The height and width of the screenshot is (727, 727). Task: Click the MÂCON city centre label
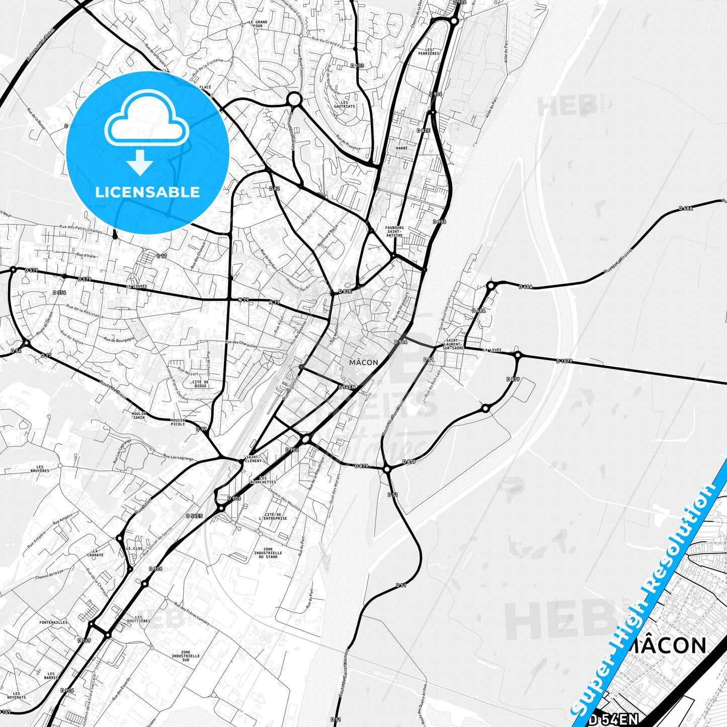click(363, 362)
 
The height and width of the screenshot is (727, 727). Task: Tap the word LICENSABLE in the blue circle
click(147, 192)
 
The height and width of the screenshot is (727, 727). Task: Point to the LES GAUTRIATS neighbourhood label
click(344, 105)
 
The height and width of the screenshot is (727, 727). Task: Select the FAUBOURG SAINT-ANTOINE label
click(394, 231)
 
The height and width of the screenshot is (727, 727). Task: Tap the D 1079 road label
click(564, 361)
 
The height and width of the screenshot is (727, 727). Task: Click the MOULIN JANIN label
click(138, 415)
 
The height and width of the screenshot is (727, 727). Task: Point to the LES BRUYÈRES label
click(40, 469)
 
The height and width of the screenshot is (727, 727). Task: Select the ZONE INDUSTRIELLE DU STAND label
click(268, 553)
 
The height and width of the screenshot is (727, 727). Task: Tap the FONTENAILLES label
click(53, 622)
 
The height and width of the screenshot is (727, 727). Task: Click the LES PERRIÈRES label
click(432, 51)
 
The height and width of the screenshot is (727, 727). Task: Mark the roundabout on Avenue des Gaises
click(294, 100)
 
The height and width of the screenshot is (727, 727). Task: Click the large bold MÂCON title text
click(668, 645)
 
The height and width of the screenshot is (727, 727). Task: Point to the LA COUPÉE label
click(137, 286)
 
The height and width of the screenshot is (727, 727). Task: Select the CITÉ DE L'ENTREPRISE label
click(273, 516)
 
